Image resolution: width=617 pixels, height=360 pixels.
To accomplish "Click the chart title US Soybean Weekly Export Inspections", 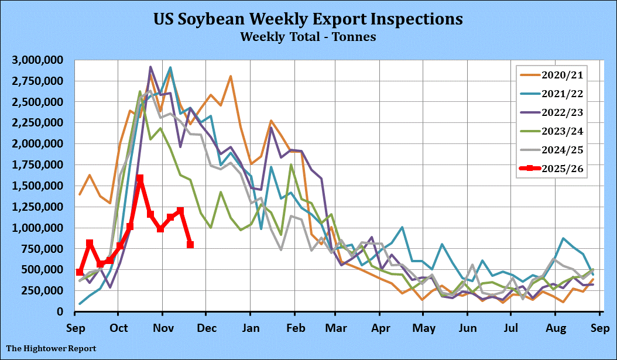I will [x=308, y=19].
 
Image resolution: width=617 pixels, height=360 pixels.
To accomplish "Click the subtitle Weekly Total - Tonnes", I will [x=308, y=37].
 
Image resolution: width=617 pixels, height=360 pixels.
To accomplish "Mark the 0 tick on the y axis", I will [x=60, y=311].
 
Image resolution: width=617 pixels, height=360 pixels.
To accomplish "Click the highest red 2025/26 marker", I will [x=140, y=179].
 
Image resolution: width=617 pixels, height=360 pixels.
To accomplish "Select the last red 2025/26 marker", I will [x=190, y=245].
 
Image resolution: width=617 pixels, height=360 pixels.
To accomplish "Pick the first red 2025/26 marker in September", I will [x=80, y=272].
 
